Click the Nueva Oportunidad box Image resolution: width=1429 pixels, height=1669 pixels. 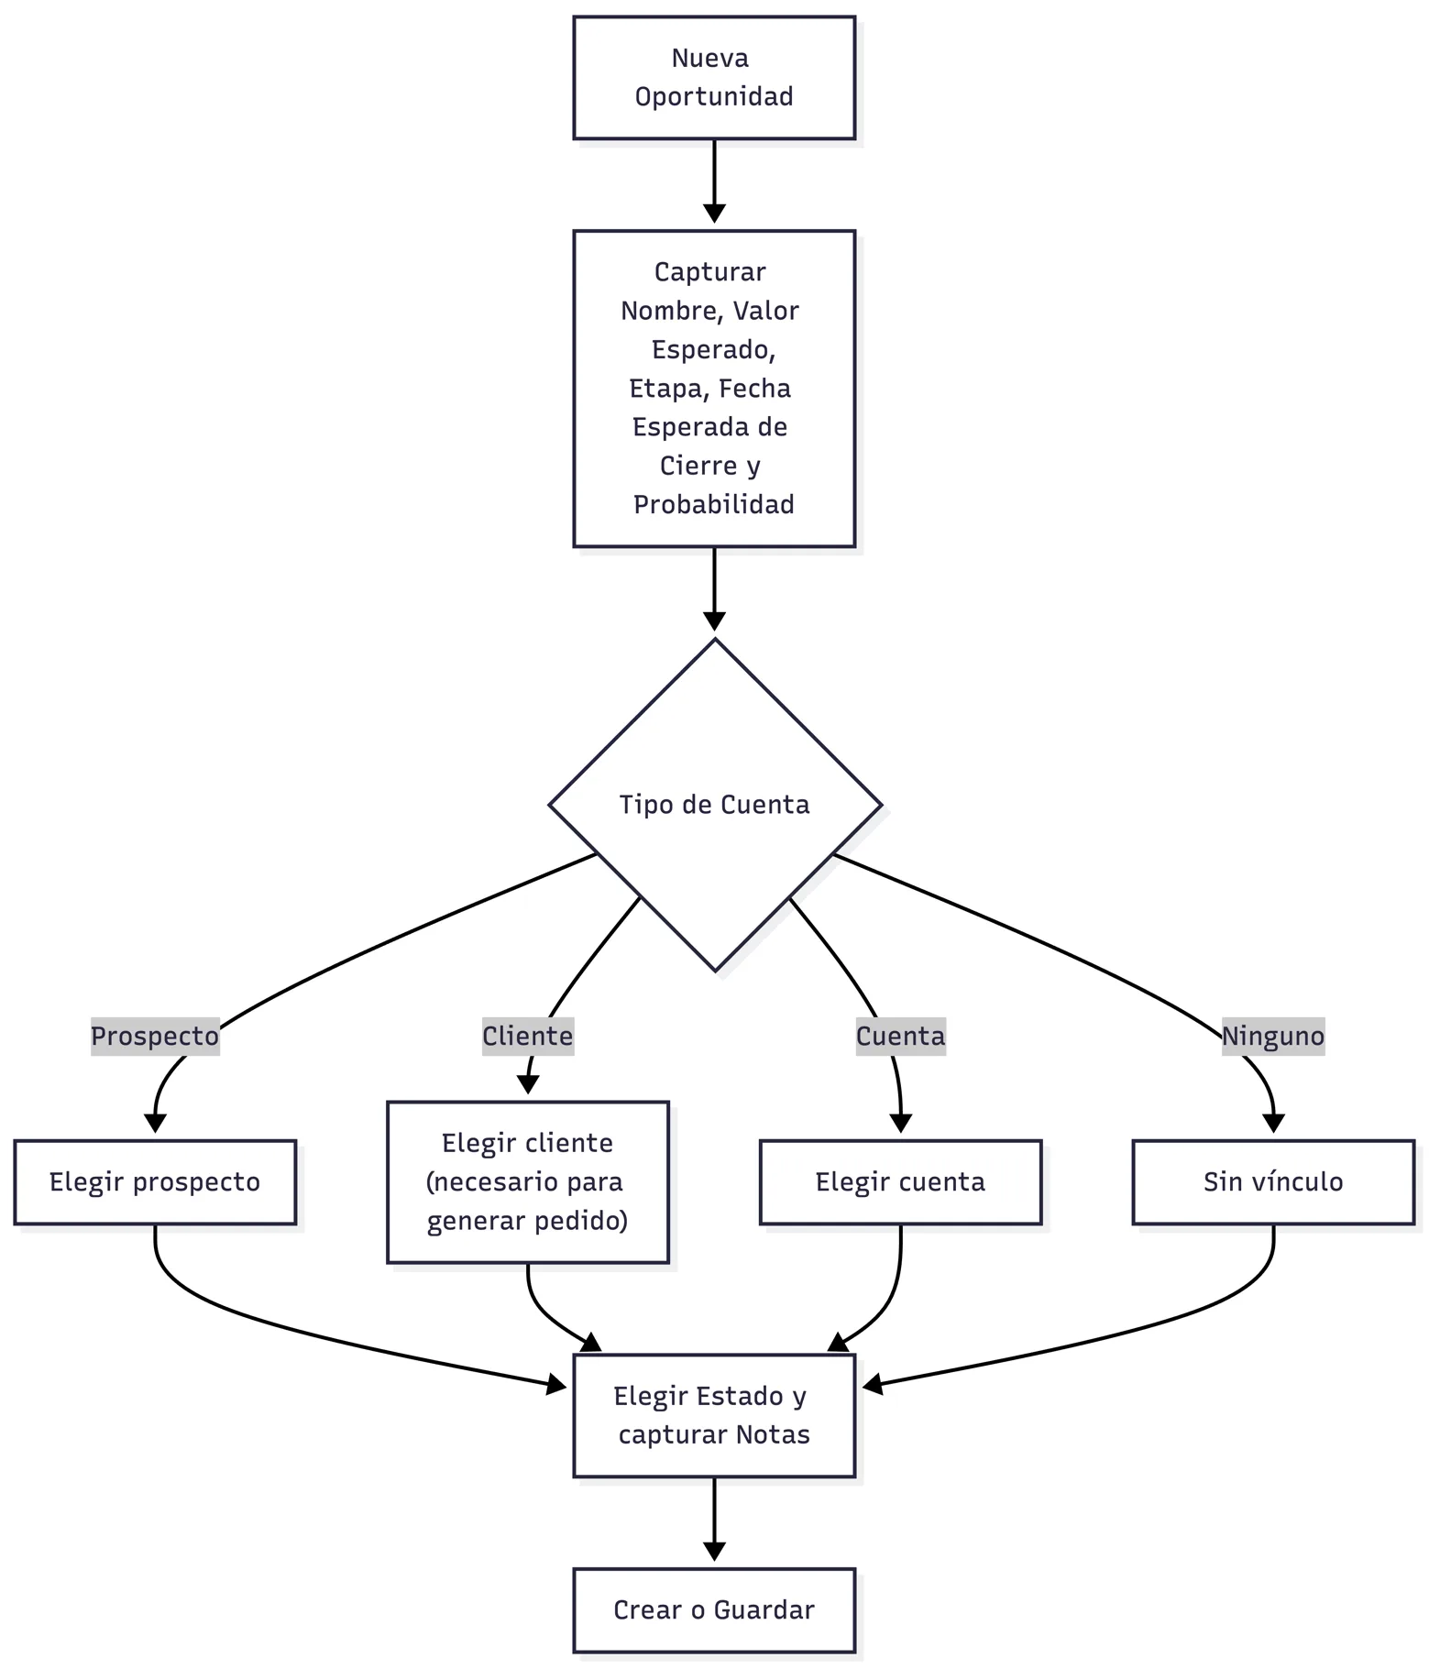pyautogui.click(x=714, y=78)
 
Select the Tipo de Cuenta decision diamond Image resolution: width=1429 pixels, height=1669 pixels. pyautogui.click(x=715, y=805)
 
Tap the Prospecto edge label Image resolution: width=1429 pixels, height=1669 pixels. pyautogui.click(x=155, y=1037)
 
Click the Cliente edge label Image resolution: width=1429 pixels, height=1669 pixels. pyautogui.click(x=528, y=1037)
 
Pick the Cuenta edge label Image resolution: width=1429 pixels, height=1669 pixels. pyautogui.click(x=900, y=1037)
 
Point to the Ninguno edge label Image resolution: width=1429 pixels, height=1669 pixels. pyautogui.click(x=1273, y=1037)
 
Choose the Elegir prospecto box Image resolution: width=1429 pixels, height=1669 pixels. pyautogui.click(x=155, y=1182)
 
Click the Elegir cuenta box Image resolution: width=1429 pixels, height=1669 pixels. pyautogui.click(x=900, y=1182)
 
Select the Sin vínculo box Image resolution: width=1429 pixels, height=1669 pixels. pyautogui.click(x=1273, y=1182)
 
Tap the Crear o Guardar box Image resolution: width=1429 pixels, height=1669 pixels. pyautogui.click(x=714, y=1610)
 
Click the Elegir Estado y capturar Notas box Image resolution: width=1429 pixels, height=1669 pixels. pyautogui.click(x=714, y=1415)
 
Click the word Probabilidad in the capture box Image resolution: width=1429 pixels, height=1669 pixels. pyautogui.click(x=714, y=504)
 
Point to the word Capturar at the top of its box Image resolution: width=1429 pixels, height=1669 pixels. pyautogui.click(x=710, y=272)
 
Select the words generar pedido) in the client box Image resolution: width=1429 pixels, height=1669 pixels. pyautogui.click(x=528, y=1221)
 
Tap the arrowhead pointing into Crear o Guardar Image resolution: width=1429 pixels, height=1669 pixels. pyautogui.click(x=714, y=1551)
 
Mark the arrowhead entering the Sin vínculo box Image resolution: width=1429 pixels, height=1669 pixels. pyautogui.click(x=1273, y=1123)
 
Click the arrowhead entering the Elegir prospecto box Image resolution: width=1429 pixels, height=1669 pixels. pyautogui.click(x=155, y=1123)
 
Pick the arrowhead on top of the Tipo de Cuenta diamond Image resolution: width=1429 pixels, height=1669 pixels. pyautogui.click(x=714, y=620)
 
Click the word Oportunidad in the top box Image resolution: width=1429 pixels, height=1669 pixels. pyautogui.click(x=714, y=96)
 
